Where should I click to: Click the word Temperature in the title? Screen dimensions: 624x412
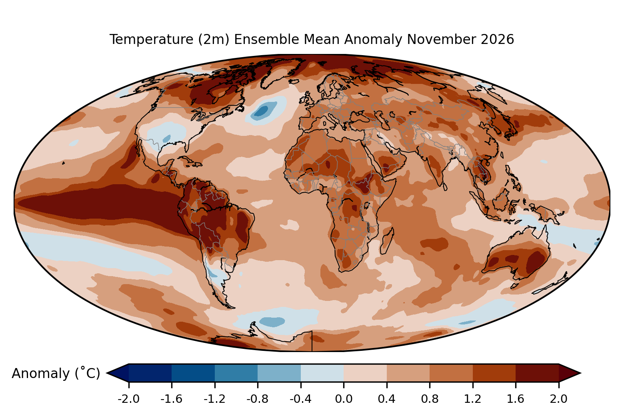(151, 39)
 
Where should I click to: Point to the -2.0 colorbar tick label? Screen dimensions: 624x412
(128, 399)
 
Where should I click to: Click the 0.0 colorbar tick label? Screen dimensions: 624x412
(344, 399)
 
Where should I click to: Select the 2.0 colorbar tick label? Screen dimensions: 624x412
(558, 399)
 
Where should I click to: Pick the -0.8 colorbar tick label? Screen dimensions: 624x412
(258, 399)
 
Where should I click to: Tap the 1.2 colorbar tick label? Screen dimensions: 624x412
(473, 399)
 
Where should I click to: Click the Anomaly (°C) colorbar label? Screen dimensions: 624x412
(56, 373)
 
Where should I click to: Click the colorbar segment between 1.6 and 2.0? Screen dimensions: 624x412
(537, 373)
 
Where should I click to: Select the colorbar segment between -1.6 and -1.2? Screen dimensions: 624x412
(193, 373)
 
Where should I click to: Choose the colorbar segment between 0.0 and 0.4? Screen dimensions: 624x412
(365, 373)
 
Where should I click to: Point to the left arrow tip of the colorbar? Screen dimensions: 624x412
(107, 373)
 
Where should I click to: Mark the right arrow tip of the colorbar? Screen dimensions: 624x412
(580, 373)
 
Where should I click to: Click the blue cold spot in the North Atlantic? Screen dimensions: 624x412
(263, 110)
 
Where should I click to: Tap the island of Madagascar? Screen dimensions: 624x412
(387, 241)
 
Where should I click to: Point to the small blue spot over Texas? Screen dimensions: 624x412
(166, 138)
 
